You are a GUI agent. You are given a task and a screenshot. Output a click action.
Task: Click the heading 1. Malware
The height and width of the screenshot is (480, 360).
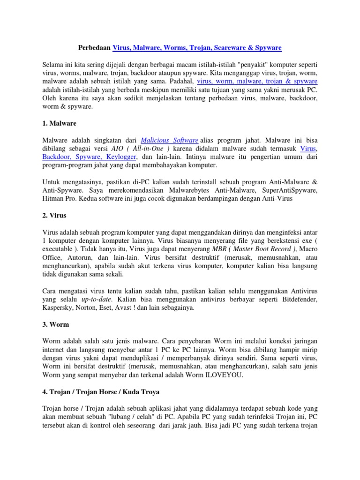[59, 123]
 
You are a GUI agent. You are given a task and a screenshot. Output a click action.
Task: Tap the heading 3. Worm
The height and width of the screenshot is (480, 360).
[56, 324]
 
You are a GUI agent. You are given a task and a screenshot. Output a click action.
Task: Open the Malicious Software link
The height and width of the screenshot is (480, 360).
[169, 140]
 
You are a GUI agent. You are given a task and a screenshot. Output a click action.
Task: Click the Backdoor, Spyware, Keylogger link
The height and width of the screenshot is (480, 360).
[89, 157]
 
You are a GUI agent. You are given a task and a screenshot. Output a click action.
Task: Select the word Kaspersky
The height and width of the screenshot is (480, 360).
[57, 307]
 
